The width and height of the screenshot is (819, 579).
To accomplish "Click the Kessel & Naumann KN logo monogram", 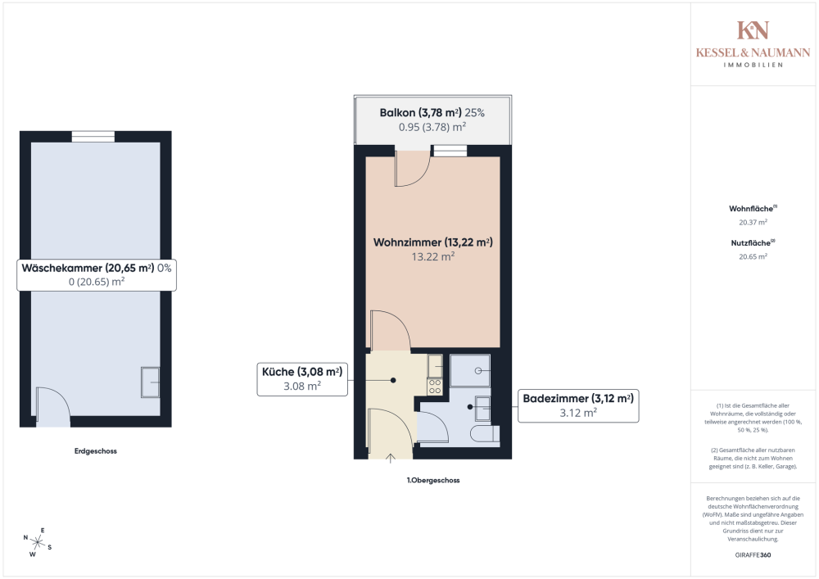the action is [x=753, y=30].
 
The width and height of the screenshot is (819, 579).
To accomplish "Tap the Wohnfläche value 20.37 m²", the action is [x=753, y=223].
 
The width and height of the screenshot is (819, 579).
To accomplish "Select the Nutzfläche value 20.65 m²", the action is [x=753, y=257].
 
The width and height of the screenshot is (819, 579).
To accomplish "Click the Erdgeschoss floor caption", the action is [x=96, y=451].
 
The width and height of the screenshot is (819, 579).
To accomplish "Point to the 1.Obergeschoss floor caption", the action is [x=433, y=481].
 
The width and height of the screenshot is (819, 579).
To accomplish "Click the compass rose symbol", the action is [x=37, y=542].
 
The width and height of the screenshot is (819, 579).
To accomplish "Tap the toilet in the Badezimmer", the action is [x=484, y=434].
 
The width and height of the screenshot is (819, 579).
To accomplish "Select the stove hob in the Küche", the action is [x=435, y=387].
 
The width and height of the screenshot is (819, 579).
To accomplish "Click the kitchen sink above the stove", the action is [x=435, y=366].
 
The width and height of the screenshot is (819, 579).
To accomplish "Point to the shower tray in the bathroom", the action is [x=470, y=371].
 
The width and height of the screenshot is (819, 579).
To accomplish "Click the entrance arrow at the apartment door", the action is [x=390, y=459].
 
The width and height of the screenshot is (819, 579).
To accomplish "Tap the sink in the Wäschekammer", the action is [x=150, y=382].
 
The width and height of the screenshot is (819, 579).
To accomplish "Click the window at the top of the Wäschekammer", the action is [x=93, y=137].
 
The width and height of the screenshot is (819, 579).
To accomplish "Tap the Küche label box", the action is [x=302, y=379].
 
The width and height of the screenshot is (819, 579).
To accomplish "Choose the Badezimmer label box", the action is [x=578, y=405].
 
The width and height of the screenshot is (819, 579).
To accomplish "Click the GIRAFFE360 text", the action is [x=753, y=555].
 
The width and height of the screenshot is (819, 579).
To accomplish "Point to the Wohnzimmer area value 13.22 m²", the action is [x=433, y=257].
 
